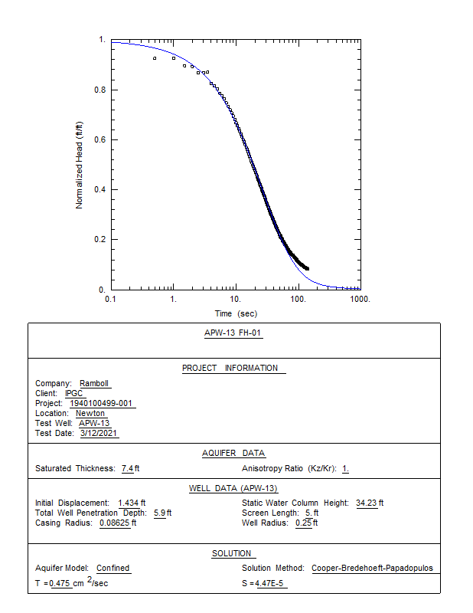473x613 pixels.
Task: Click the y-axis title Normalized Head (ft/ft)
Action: point(79,163)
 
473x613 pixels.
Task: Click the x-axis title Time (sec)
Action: point(236,313)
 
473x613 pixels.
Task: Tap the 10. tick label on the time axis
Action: point(236,299)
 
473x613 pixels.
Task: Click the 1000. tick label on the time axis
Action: point(360,299)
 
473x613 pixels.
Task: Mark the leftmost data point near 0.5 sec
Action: point(155,58)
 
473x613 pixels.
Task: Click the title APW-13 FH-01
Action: point(234,333)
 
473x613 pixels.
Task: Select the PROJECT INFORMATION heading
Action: point(230,368)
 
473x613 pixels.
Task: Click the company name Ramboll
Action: point(95,384)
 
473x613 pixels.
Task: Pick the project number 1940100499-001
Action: point(102,404)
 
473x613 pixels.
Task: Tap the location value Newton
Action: point(90,414)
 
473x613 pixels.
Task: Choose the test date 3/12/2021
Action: point(99,434)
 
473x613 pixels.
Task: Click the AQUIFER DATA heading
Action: point(233,453)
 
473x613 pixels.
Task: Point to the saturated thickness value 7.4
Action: point(127,468)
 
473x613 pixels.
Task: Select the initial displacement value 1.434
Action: point(132,503)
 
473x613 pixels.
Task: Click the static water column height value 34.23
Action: point(367,503)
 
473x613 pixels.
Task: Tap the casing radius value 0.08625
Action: point(116,523)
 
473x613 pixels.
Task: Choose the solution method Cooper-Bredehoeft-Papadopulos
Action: point(372,569)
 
